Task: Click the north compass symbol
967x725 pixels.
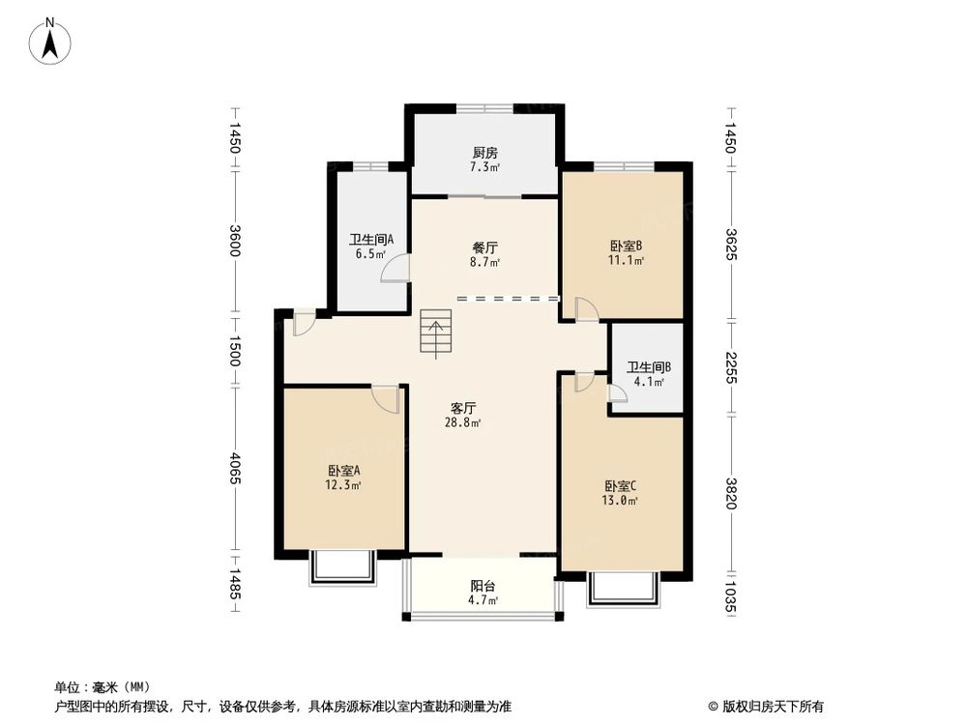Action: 50,41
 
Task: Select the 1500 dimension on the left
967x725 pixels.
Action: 235,351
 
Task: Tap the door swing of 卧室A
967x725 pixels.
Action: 386,399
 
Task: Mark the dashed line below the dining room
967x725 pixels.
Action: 507,298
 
